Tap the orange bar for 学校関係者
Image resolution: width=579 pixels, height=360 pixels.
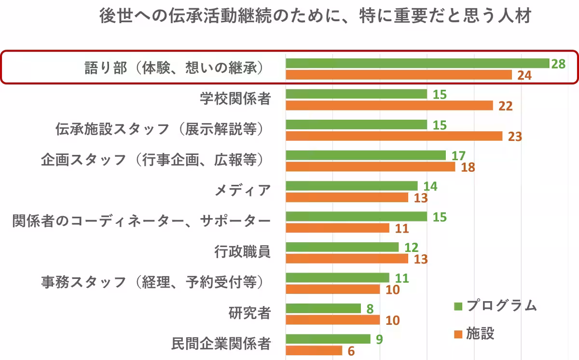[389, 105]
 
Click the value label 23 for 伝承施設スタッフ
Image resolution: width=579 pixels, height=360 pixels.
[515, 137]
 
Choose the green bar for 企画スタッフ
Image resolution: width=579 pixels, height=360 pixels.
[366, 155]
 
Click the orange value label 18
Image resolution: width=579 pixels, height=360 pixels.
[468, 167]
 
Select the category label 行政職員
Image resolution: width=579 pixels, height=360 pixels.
[242, 252]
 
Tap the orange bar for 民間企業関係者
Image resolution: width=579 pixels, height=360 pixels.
[314, 350]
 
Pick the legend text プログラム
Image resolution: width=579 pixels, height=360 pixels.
[501, 306]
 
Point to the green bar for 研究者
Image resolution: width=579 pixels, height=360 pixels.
[323, 308]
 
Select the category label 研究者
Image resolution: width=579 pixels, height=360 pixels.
[249, 313]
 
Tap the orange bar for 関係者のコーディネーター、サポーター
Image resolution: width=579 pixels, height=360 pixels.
[337, 228]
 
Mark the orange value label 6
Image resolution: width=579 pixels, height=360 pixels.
[351, 351]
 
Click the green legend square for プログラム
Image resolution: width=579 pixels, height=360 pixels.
[458, 306]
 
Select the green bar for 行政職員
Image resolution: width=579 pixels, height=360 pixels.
[342, 247]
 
